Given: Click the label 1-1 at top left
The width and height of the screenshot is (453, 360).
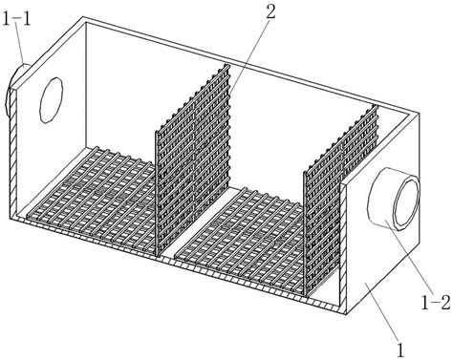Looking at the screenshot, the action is point(16,19).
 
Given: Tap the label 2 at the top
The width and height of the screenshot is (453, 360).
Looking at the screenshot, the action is point(270,12).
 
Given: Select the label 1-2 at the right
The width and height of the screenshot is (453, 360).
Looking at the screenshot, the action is point(435,303).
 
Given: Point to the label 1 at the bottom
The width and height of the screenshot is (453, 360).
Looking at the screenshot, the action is point(400,349).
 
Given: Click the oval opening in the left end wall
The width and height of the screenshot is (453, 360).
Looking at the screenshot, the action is point(52,100).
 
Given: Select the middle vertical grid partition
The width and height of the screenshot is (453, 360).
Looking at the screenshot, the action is point(193,160).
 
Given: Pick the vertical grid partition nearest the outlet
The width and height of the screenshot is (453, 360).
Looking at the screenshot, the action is point(340,200).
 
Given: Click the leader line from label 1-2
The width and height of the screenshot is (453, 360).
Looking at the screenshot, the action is point(407,258).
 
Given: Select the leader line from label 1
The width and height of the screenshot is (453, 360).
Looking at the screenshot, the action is point(381,312).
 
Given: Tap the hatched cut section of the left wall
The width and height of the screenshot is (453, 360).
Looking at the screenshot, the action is point(12,153).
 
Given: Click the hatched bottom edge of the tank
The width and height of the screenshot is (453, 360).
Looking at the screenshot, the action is point(179,264).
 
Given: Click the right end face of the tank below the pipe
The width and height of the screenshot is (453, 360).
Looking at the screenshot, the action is point(382,270).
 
